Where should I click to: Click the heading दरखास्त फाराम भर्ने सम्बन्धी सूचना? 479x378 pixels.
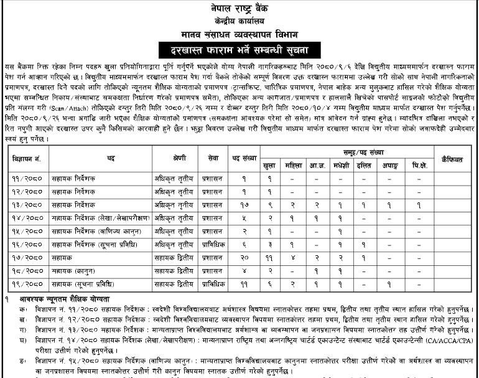[240, 49]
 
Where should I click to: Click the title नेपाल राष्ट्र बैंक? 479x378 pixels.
[240, 6]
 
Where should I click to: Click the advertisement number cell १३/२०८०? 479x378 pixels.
[27, 204]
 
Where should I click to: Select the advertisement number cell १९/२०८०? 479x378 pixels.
[27, 283]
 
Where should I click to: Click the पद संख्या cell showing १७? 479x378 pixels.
[244, 204]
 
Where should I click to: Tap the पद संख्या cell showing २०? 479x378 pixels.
[244, 257]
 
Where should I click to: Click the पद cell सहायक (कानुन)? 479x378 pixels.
[72, 270]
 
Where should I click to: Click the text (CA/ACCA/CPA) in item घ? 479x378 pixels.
[445, 341]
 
